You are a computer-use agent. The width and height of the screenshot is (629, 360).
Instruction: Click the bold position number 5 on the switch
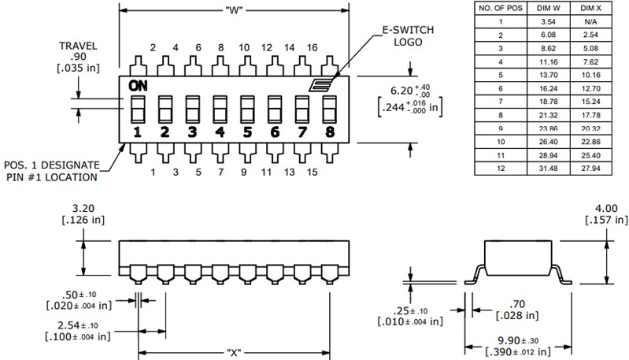[x=246, y=132]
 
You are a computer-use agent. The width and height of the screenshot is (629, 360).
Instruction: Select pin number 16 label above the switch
[x=312, y=47]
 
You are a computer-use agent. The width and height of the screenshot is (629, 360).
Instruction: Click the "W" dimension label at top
[x=234, y=10]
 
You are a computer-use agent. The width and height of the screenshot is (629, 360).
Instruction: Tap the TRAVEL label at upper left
[x=79, y=46]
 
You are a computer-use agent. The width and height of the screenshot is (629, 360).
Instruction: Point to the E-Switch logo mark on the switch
[x=324, y=87]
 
